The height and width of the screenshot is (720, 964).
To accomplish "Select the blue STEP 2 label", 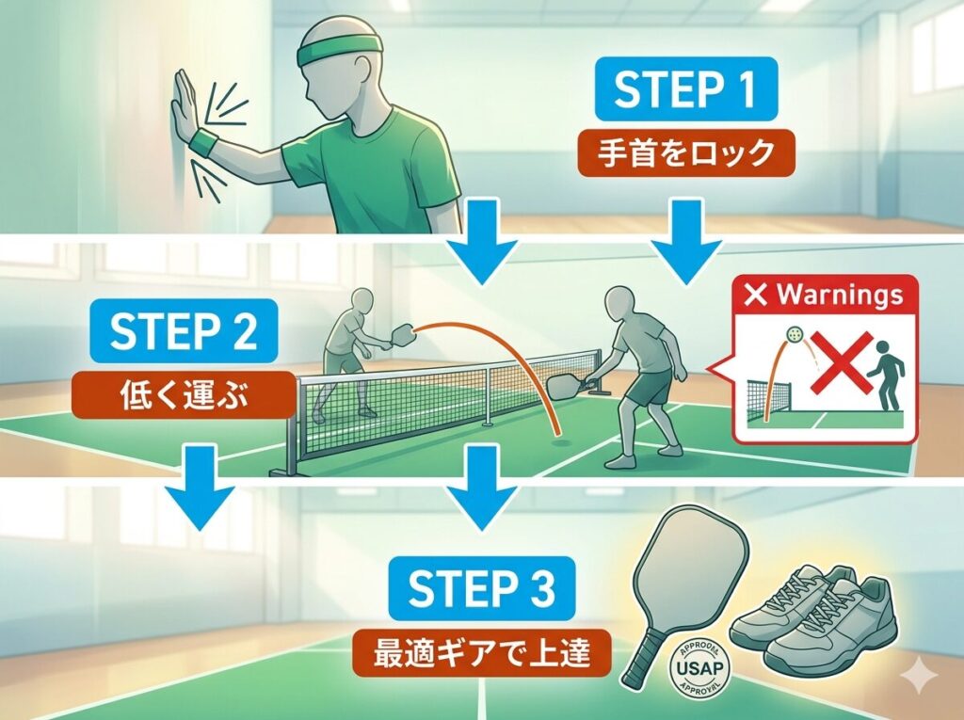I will coord(182,332).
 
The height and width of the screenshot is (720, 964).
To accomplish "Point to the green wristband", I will coord(204,144).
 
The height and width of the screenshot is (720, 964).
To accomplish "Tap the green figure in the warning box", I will coord(882,376).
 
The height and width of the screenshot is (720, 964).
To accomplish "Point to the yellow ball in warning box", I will coord(795,334).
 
